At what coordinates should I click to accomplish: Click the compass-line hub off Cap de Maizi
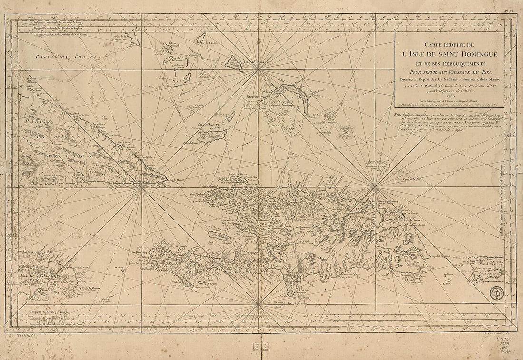coord(141,186)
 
